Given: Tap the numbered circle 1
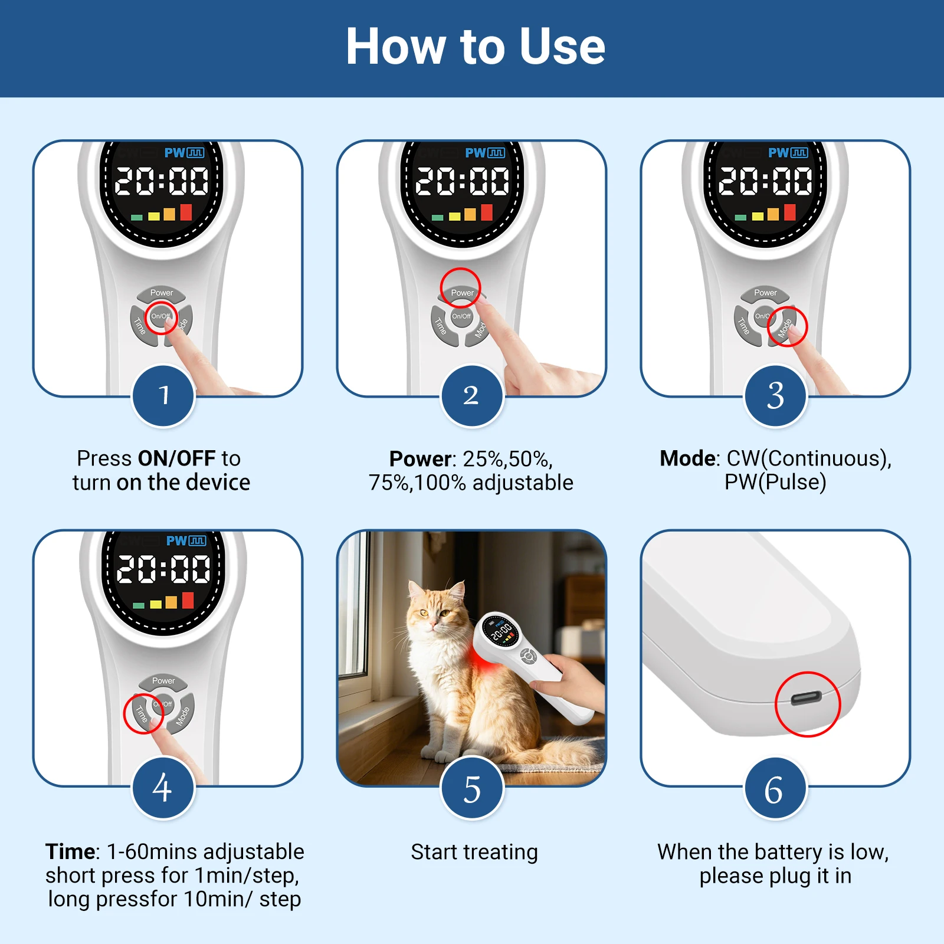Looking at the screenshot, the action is (x=163, y=395).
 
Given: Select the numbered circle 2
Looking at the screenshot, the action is (x=471, y=395).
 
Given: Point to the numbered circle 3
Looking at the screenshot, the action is (x=775, y=395).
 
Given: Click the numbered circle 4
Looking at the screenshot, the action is (x=163, y=788).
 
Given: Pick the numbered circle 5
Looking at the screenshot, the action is (x=471, y=788).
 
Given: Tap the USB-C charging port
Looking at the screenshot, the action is (x=807, y=699).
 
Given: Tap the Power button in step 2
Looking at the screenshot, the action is (x=462, y=293).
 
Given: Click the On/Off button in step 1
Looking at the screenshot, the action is (x=161, y=317).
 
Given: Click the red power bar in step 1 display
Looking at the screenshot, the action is (x=186, y=212).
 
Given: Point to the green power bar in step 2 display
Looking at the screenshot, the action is (x=438, y=218).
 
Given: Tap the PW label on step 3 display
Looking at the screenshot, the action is (x=778, y=153).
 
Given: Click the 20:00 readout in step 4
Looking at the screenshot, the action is (x=163, y=569).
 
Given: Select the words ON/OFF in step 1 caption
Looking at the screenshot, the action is (x=176, y=458).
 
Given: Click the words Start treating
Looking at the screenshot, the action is (x=474, y=853).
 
